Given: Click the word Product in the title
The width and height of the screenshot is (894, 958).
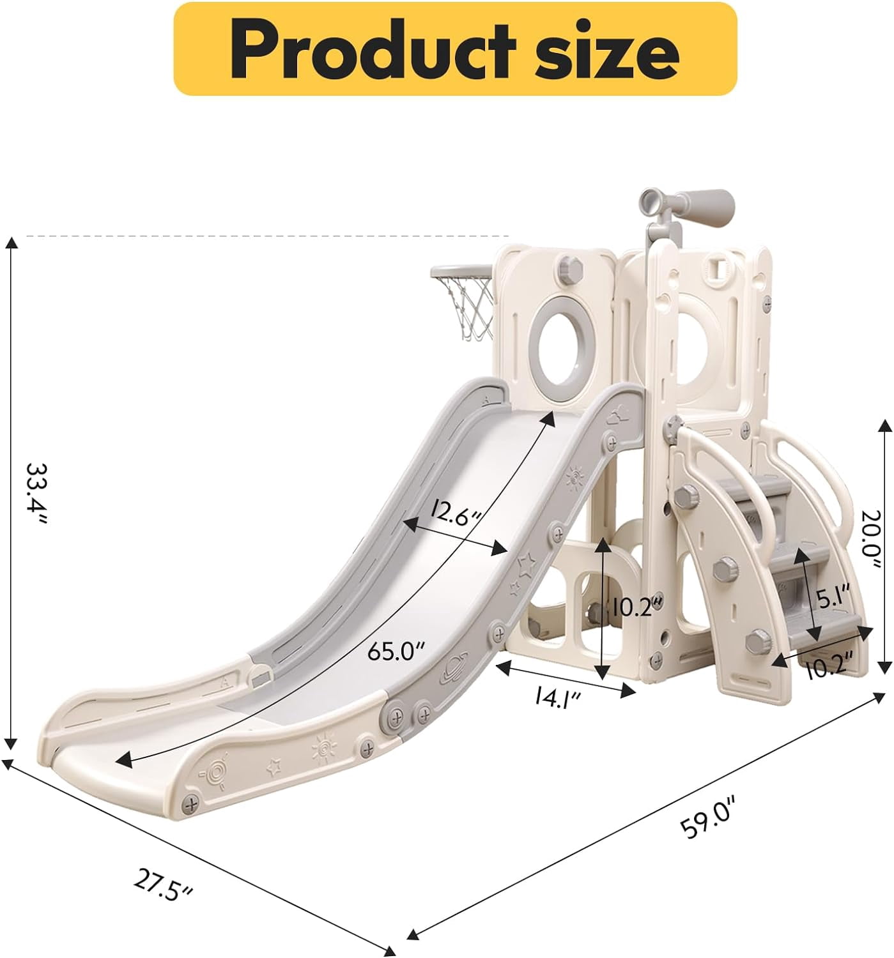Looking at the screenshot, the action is coord(372,50).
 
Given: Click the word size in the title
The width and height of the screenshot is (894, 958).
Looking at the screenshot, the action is coord(606,52).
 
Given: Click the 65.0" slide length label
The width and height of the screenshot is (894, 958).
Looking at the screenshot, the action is coord(396,653).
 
